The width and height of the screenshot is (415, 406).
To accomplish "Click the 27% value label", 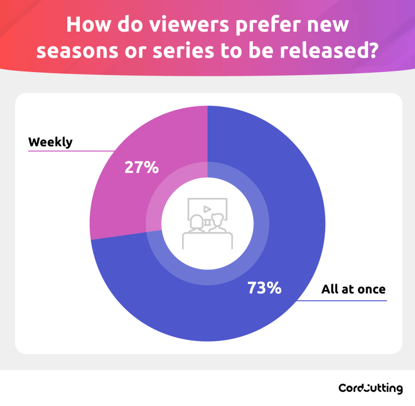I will (141, 167).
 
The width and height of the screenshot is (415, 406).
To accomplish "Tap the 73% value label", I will (264, 288).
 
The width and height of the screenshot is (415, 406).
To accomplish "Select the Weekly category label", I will (50, 142).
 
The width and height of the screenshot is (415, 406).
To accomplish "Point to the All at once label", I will (353, 289).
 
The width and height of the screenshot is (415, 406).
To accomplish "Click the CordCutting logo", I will (370, 388).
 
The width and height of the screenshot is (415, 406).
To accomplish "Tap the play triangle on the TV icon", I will (207, 209).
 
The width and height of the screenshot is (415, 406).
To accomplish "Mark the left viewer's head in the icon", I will (197, 222).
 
